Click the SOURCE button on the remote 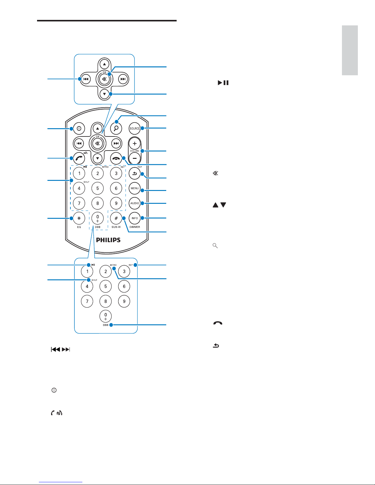[x=135, y=129]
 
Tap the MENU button [x=135, y=188]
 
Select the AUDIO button [x=135, y=203]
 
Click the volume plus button [x=135, y=144]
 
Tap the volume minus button [x=135, y=158]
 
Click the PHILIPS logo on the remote [x=108, y=240]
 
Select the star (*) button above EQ [x=79, y=218]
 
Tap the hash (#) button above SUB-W [x=116, y=218]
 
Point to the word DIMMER [x=135, y=227]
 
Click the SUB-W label [x=116, y=227]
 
